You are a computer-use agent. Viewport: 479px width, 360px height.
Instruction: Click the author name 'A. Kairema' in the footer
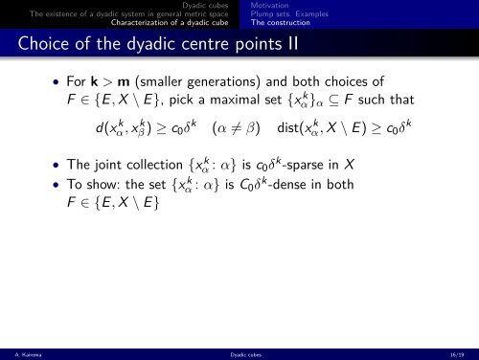pos(21,353)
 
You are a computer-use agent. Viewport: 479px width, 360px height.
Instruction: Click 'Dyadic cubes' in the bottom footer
pos(239,353)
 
